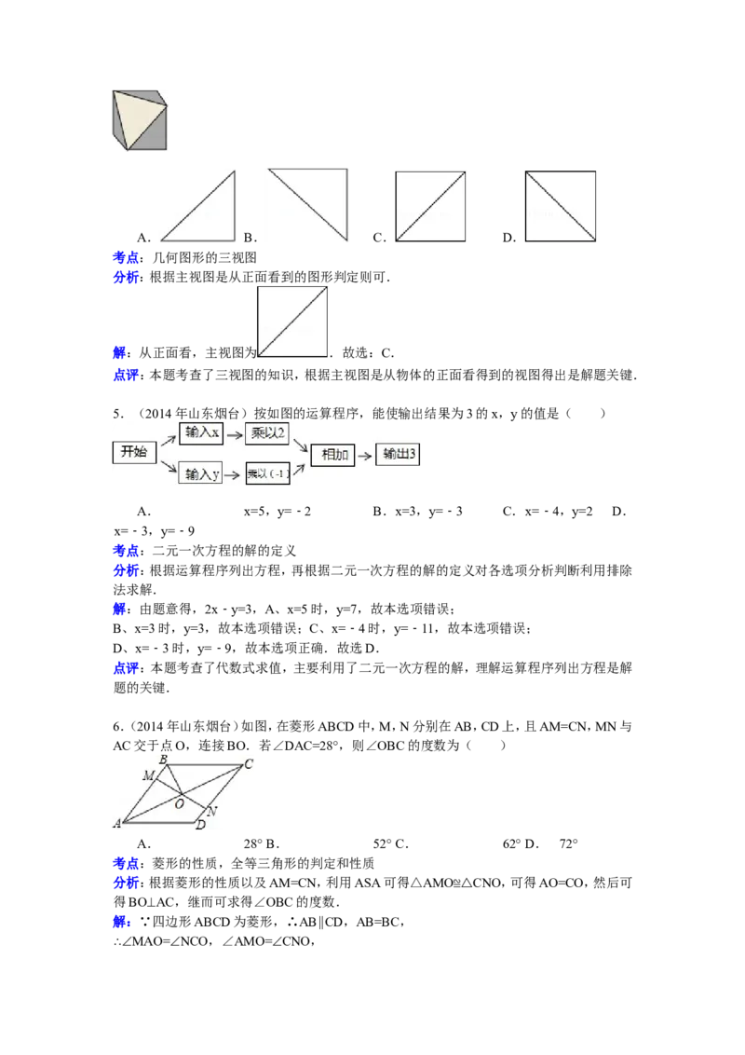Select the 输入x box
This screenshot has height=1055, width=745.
coord(202,432)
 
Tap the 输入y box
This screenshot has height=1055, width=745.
coord(202,474)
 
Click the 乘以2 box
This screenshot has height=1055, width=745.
coord(267,432)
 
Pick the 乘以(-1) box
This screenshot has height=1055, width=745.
coord(267,474)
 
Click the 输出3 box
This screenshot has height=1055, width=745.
coord(400,455)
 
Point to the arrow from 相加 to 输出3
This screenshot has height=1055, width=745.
coord(367,455)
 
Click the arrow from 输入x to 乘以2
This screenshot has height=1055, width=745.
coord(235,432)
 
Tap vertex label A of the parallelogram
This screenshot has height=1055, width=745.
coord(117,824)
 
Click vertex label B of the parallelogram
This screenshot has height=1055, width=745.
coord(163,760)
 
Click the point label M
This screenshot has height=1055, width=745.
coord(148,775)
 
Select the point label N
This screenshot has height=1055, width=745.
coord(213,811)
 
